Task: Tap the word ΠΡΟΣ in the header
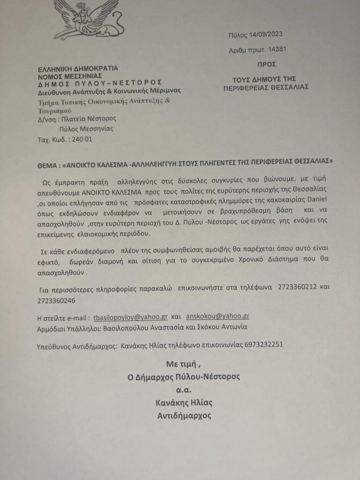tap(266, 64)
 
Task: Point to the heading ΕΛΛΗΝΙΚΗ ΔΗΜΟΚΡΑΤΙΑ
tap(78, 68)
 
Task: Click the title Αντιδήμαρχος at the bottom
tap(184, 415)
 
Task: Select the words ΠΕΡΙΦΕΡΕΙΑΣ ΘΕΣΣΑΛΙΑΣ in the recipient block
tap(272, 87)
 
